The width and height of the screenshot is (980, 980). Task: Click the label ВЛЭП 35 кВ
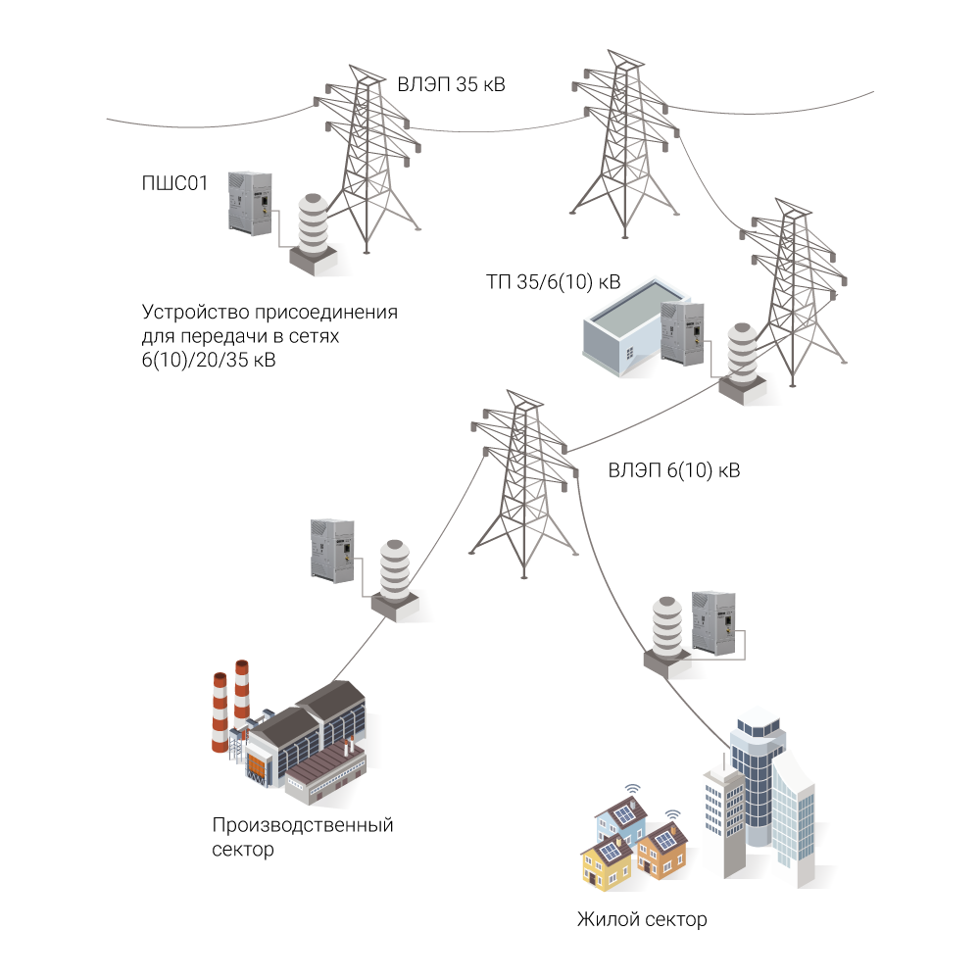[x=451, y=84]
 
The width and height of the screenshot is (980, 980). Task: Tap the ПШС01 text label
[x=174, y=183]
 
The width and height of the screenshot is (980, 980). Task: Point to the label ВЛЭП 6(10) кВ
[x=673, y=470]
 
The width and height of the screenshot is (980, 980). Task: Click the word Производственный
[x=302, y=825]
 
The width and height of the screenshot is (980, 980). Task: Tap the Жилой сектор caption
[x=641, y=920]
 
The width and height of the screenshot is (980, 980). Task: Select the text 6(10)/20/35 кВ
[x=208, y=361]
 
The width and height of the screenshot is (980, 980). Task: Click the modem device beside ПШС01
[x=249, y=201]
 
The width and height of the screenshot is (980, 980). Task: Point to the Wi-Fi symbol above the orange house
[x=672, y=813]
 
